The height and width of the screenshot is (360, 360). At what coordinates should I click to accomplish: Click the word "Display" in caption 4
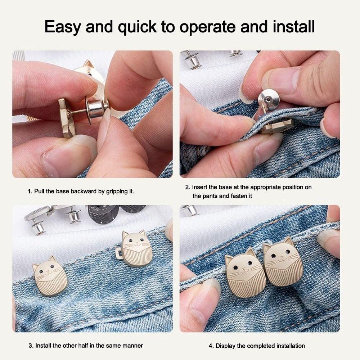pos(225,346)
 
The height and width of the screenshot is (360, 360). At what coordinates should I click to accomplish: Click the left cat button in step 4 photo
pos(241,272)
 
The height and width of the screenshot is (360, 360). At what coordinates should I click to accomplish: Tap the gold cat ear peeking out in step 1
pos(88,65)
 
